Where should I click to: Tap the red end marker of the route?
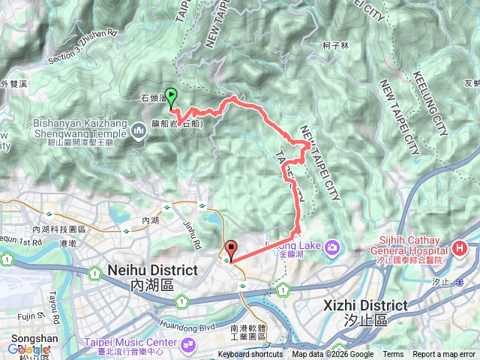tap(231, 250)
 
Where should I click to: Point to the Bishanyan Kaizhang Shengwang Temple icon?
tap(138, 132)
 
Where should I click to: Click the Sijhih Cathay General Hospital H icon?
tap(460, 248)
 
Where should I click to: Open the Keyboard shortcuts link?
tap(250, 355)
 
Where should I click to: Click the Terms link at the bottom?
tap(393, 355)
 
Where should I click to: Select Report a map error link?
tap(445, 355)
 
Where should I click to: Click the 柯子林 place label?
tap(336, 45)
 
